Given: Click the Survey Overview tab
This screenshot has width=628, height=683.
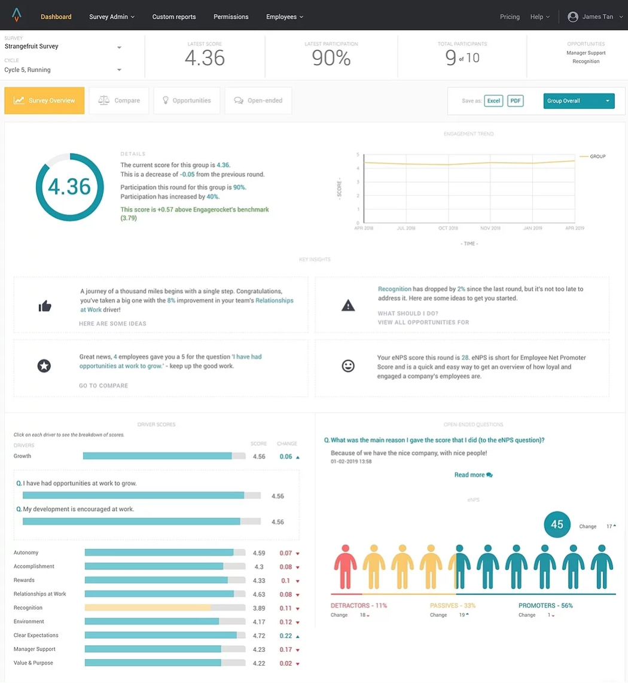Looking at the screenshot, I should click(x=44, y=100).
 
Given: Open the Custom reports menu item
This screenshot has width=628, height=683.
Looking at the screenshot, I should click(x=174, y=17).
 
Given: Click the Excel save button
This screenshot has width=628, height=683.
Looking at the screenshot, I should click(x=493, y=101).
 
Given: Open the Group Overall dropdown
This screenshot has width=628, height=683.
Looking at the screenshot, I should click(x=578, y=101).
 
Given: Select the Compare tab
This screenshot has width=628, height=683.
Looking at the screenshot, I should click(x=120, y=100).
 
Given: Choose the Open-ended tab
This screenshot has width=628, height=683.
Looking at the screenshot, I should click(x=258, y=100).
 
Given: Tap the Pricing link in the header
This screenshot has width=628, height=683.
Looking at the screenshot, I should click(x=510, y=17).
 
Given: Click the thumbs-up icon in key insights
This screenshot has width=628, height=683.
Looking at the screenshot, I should click(x=45, y=306).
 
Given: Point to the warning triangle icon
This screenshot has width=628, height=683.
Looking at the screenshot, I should click(x=348, y=306).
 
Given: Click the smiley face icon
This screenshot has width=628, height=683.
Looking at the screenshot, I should click(x=348, y=366).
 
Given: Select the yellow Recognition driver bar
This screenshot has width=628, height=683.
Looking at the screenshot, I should click(x=148, y=608).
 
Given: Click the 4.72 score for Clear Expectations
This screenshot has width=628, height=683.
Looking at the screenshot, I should click(x=259, y=635).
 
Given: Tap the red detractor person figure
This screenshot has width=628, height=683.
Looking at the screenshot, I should click(x=345, y=566).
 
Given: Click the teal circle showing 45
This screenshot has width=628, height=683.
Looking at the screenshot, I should click(x=557, y=525).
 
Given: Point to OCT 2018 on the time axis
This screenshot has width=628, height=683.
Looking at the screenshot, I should click(x=448, y=228).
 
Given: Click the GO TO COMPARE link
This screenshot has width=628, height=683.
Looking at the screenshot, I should click(x=103, y=386).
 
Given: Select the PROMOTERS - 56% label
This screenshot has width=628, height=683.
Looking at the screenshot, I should click(x=545, y=605).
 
